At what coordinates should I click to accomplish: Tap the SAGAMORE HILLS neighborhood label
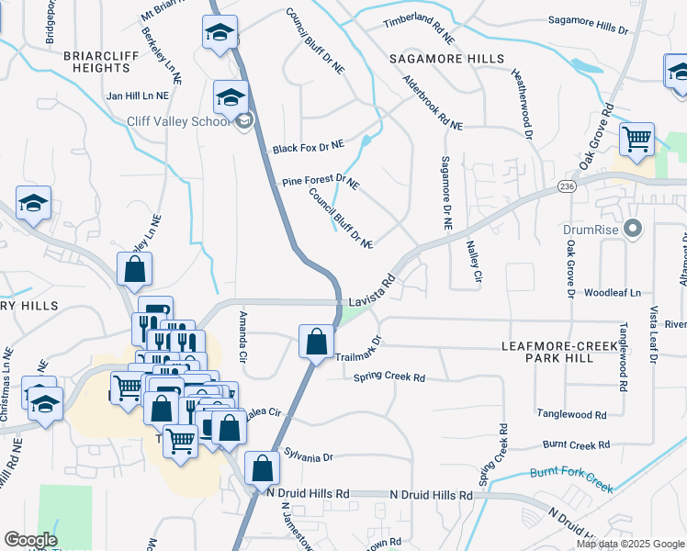(446, 59)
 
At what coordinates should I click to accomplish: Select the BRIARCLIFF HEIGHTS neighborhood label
(101, 62)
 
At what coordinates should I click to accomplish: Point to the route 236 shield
(565, 187)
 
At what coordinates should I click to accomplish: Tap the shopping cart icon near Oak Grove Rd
(636, 141)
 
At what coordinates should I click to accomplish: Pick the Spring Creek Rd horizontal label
(390, 377)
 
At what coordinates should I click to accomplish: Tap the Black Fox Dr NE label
(308, 146)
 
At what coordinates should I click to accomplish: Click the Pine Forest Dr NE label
(320, 182)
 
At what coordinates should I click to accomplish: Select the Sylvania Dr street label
(308, 456)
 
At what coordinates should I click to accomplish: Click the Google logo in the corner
(31, 539)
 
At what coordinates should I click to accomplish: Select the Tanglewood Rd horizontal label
(572, 414)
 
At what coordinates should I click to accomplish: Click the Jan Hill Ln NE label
(138, 96)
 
